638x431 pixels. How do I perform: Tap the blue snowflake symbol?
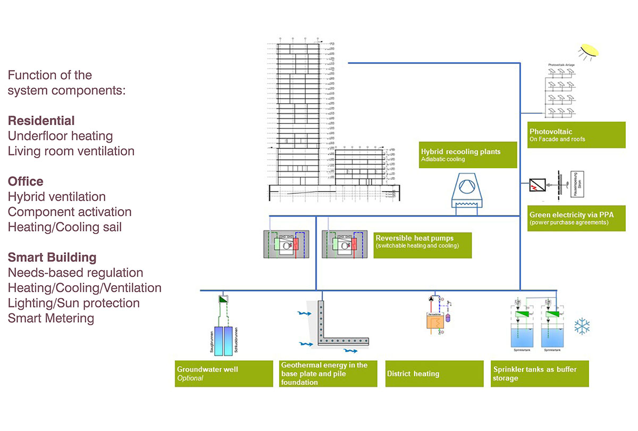582,326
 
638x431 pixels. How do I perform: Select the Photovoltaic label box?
576,135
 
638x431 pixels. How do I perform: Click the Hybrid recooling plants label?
467,155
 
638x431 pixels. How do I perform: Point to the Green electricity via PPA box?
576,218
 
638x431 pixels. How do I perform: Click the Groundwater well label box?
223,374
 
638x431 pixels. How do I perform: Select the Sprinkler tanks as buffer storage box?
540,374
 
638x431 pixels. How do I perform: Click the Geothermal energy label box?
328,374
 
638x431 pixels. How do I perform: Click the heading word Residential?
41,120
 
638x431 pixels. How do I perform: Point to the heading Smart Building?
52,258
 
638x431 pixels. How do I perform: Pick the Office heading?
26,181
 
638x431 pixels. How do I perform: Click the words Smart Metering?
51,318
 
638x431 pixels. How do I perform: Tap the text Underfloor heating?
60,136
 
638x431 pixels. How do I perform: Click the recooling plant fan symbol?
466,190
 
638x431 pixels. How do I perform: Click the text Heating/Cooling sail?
64,227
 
